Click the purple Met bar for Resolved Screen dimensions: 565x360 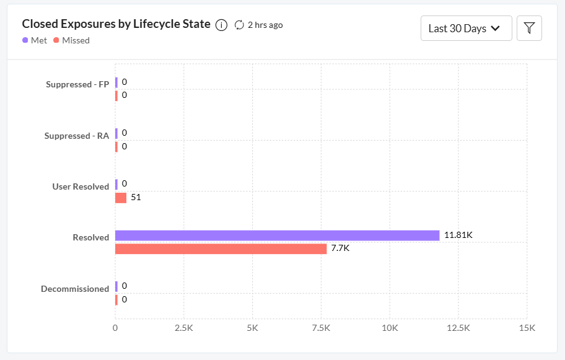(277, 235)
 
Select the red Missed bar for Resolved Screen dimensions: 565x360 (221, 249)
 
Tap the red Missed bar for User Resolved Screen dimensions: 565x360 (121, 198)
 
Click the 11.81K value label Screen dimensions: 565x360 (458, 235)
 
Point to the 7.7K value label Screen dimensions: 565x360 (340, 248)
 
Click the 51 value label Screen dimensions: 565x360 (136, 198)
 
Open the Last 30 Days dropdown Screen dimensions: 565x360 (466, 28)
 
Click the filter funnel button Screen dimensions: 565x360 (529, 28)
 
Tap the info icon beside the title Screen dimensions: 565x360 (221, 25)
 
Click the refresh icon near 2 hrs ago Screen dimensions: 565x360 (239, 25)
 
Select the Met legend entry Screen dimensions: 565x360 (35, 40)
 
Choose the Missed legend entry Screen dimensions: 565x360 (71, 40)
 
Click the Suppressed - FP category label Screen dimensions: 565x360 (77, 84)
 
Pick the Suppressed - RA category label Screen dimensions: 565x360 (77, 136)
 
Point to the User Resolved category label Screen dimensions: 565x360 (81, 187)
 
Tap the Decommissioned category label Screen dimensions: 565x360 (75, 289)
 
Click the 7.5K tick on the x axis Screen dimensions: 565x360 (321, 328)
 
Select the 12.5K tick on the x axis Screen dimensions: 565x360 (458, 328)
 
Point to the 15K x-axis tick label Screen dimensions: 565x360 (527, 328)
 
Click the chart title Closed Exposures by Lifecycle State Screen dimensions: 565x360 (116, 24)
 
